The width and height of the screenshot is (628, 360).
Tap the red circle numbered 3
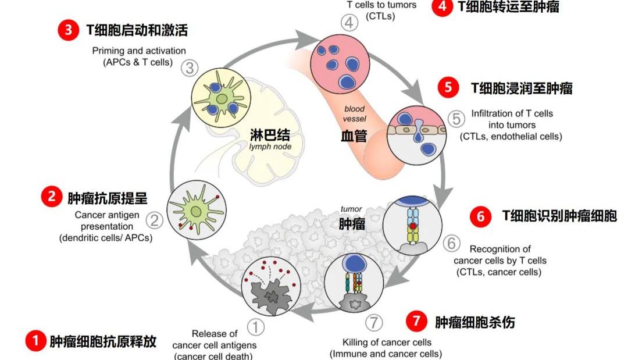tap(69, 30)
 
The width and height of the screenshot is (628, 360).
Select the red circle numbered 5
tap(447, 88)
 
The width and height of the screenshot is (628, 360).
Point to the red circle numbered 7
tap(415, 321)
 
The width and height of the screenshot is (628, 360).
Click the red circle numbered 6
tap(480, 216)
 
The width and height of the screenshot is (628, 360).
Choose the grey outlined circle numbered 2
tap(154, 220)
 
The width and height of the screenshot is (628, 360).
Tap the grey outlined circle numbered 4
tap(349, 23)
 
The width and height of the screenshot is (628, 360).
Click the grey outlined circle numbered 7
tap(374, 322)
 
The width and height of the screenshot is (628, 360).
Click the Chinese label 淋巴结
tap(270, 135)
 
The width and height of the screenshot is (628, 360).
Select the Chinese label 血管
tap(354, 136)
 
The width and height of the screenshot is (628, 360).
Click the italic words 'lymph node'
tap(270, 147)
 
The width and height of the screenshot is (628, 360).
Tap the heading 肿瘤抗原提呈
tap(108, 198)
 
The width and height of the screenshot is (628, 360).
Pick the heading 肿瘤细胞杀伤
tap(474, 322)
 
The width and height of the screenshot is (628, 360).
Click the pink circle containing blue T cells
tap(338, 59)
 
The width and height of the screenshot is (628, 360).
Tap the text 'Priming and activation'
tap(139, 51)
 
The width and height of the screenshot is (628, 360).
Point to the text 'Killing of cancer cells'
tap(387, 342)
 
